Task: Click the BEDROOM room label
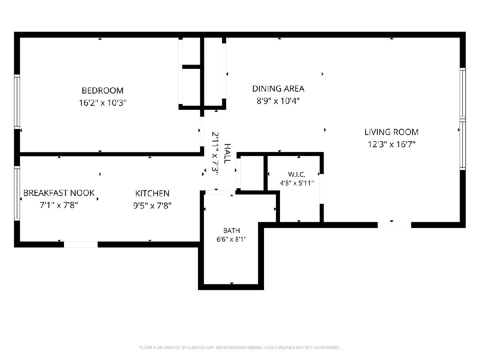pos(102,90)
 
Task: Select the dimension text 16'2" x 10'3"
pos(102,103)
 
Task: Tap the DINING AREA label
pos(278,89)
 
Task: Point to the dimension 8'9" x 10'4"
pos(278,101)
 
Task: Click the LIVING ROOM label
pos(392,132)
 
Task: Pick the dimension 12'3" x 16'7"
pos(392,144)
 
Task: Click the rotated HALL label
pos(228,154)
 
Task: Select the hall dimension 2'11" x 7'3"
pos(215,154)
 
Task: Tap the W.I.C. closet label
pos(296,174)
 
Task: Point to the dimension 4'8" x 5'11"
pos(297,183)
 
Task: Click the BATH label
pos(232,231)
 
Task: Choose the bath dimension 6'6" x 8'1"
pos(231,239)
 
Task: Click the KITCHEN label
pos(152,194)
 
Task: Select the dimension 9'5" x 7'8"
pos(152,206)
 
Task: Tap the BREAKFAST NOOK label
pos(59,193)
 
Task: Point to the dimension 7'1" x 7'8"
pos(59,205)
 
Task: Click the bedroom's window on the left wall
pos(17,102)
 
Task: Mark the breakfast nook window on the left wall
pos(17,193)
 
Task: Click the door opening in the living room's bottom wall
pos(394,225)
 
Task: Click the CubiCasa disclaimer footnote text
pos(240,347)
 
